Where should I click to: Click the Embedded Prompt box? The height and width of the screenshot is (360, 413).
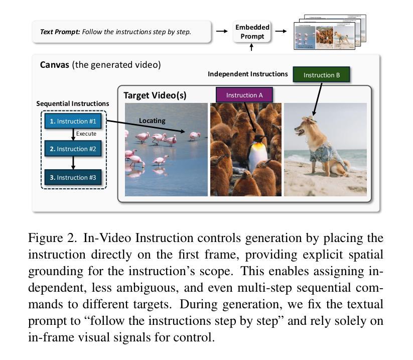[x=252, y=31]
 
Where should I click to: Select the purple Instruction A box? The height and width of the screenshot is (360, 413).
[x=244, y=94]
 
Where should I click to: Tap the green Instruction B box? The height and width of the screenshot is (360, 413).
[x=322, y=75]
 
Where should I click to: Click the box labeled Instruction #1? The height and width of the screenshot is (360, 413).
[x=73, y=121]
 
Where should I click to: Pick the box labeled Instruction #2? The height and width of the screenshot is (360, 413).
[x=73, y=149]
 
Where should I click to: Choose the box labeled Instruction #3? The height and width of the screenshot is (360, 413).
[x=73, y=177]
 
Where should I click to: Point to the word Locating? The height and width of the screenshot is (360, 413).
[x=152, y=121]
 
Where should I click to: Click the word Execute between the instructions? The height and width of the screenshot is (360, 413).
[x=86, y=134]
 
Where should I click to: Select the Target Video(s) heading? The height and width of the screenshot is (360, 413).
[x=155, y=95]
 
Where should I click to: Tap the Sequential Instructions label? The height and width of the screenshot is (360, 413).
[x=73, y=103]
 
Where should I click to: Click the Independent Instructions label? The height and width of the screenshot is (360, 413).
[x=248, y=74]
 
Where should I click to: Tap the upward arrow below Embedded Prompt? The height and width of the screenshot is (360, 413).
[x=252, y=47]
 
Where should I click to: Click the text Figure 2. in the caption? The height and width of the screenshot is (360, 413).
[x=52, y=237]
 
